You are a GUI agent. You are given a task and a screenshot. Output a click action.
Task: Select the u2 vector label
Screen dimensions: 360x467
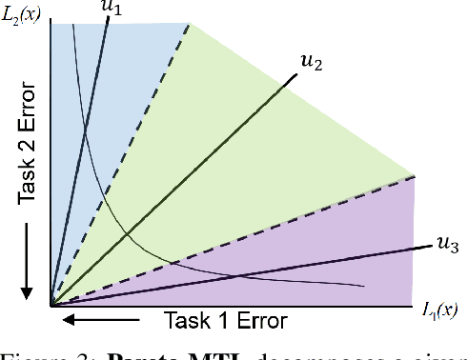click(311, 63)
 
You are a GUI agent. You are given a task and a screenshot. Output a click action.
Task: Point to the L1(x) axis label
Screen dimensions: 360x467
click(441, 310)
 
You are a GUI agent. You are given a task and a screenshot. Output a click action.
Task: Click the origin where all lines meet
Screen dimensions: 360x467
click(51, 306)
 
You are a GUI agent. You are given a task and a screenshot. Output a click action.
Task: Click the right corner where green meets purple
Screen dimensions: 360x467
click(416, 175)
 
